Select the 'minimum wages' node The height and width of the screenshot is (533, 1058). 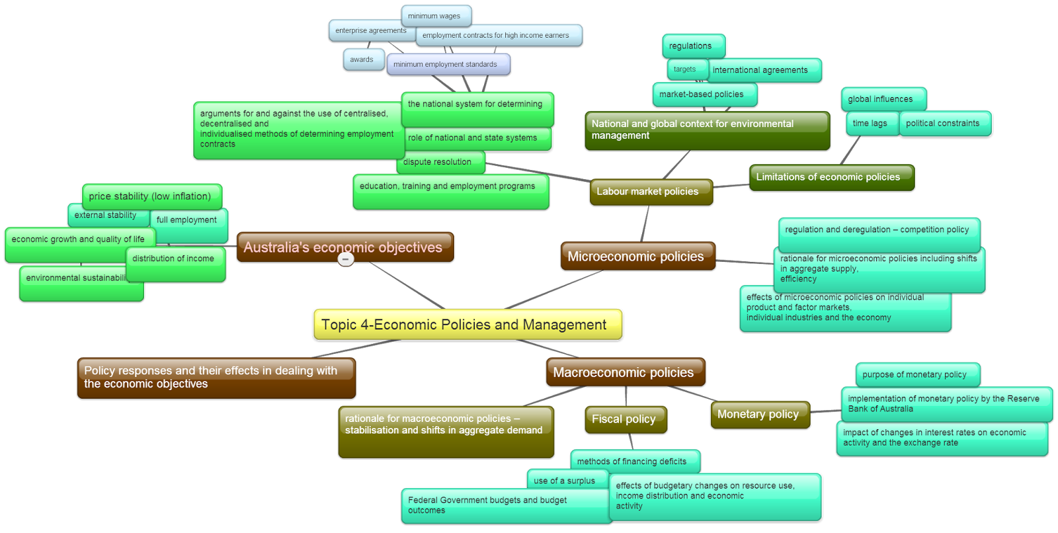[436, 16]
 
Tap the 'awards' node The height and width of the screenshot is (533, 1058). [362, 60]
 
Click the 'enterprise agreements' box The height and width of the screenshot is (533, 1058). [370, 30]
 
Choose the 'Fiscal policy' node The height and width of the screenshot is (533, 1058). [625, 419]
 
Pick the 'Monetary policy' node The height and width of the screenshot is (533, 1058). [759, 415]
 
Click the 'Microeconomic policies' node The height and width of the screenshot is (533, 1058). [637, 257]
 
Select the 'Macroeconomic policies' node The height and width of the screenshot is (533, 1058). [625, 372]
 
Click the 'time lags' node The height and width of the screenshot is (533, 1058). [871, 124]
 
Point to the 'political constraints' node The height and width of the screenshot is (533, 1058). [944, 124]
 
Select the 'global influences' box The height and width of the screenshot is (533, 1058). [881, 99]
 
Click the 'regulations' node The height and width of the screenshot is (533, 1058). [692, 46]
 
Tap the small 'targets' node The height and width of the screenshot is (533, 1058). [686, 69]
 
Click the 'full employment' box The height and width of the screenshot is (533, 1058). [188, 220]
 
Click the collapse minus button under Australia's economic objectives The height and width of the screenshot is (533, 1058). [346, 259]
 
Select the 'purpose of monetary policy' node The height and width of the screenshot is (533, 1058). [916, 374]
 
